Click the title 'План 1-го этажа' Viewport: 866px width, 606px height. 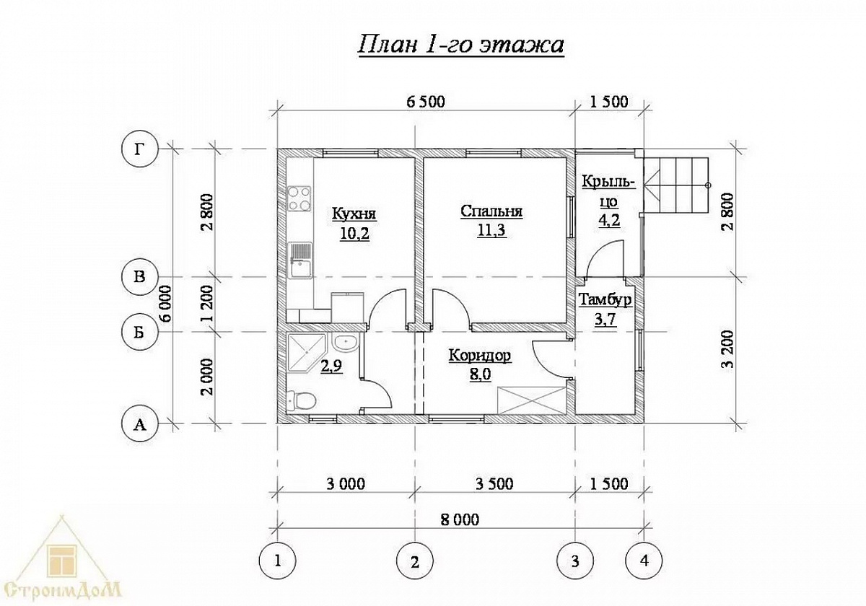[x=461, y=45]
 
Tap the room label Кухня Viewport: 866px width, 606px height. [x=354, y=214]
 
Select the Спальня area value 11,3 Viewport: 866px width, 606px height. [x=491, y=230]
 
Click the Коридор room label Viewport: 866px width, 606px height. [x=480, y=356]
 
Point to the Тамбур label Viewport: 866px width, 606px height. [x=605, y=300]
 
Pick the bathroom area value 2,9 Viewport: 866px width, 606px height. [x=331, y=365]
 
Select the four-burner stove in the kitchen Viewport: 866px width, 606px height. [x=299, y=198]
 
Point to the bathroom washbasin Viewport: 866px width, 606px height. [x=346, y=343]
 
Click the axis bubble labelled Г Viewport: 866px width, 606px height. [x=139, y=149]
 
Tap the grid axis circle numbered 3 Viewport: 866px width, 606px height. [x=575, y=561]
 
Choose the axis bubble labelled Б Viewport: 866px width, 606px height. [x=139, y=332]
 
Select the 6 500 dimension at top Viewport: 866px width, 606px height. [x=426, y=102]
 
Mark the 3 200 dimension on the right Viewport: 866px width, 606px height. [x=727, y=351]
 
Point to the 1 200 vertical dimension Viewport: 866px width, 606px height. [x=207, y=304]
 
